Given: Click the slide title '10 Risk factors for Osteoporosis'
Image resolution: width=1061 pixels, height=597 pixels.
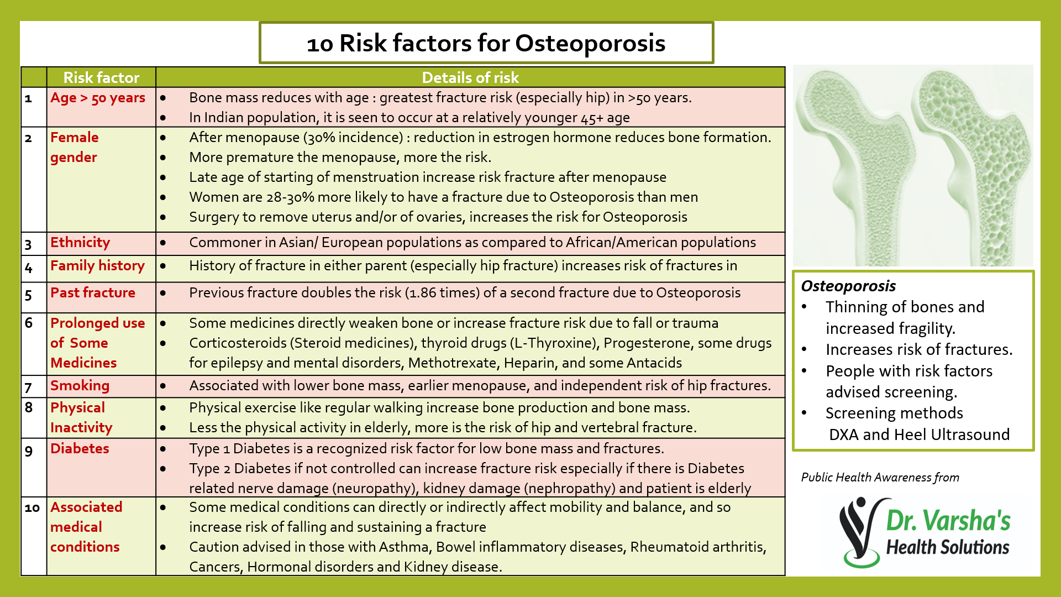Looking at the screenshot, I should [x=486, y=43].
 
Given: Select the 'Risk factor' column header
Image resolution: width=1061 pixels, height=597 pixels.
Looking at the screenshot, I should [x=101, y=77].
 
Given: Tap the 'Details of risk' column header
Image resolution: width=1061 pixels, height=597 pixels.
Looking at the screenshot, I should [x=470, y=77].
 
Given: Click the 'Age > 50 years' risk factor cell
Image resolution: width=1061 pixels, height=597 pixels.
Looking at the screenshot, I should [x=98, y=98].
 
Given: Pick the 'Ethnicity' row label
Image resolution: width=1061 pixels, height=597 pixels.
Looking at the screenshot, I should [x=80, y=243].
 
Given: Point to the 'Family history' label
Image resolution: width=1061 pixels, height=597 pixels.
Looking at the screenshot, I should [x=97, y=266].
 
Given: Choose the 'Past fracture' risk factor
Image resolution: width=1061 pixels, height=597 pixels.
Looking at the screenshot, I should [x=93, y=293].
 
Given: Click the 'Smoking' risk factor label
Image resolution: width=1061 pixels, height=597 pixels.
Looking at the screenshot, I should [x=80, y=386].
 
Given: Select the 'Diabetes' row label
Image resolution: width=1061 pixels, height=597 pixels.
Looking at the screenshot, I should [x=80, y=449].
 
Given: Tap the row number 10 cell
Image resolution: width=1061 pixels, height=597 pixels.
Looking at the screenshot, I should [x=33, y=507].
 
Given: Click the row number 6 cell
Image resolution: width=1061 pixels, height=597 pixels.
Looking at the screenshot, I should [x=29, y=323].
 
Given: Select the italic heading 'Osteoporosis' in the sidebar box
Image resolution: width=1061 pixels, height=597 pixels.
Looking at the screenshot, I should [x=848, y=286].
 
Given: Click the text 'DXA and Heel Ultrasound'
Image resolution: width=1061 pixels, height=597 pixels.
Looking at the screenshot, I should [x=919, y=434].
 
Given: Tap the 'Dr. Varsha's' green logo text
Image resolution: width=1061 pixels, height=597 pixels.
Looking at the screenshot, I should [x=948, y=521].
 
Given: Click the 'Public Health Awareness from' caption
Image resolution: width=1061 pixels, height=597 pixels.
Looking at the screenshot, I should [x=880, y=478].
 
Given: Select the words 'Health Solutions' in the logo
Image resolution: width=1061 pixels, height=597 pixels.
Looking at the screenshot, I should [x=948, y=547].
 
